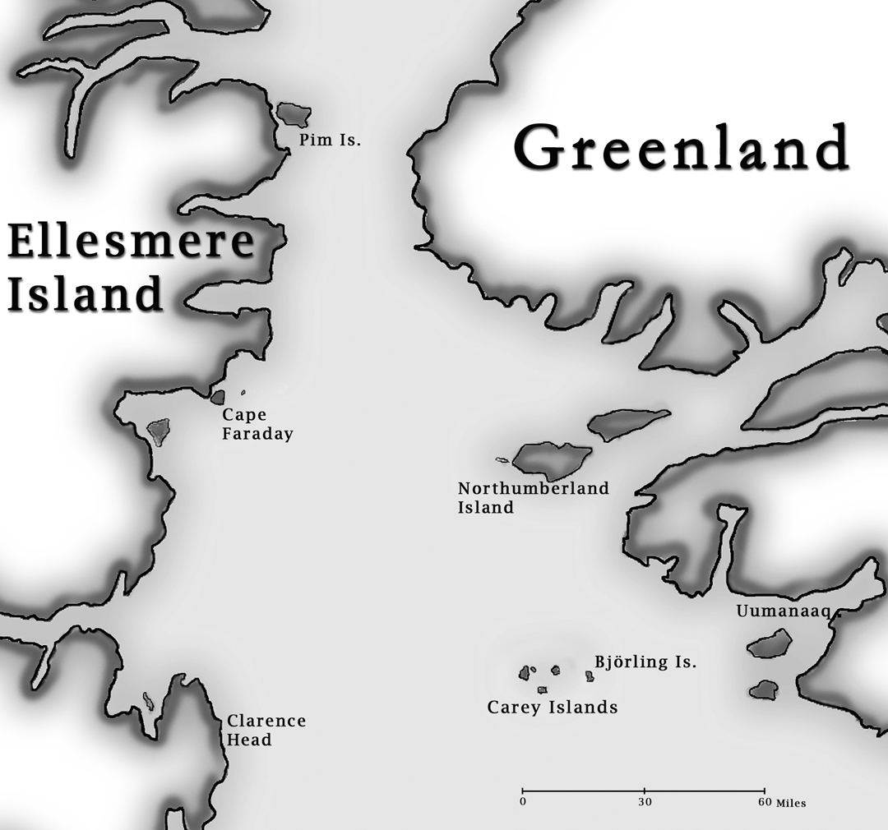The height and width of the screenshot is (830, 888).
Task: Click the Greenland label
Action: [x=681, y=148]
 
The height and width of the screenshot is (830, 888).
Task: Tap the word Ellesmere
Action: [x=130, y=242]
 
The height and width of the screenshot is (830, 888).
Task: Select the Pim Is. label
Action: [x=330, y=141]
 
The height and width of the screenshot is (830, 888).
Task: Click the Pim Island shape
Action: [x=293, y=113]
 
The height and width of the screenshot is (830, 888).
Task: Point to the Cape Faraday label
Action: [x=257, y=425]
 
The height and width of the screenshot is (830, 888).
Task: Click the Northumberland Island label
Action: [x=533, y=497]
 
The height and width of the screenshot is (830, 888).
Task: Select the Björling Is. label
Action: [x=645, y=662]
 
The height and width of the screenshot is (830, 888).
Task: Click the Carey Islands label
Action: [x=552, y=707]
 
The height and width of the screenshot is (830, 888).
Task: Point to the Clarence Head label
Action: [x=266, y=730]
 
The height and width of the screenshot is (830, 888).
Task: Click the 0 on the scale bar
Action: [x=523, y=801]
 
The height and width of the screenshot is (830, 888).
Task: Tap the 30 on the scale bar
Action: [x=644, y=801]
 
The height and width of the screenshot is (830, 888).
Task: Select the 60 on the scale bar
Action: [x=764, y=801]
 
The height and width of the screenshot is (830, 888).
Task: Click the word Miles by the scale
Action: [x=791, y=803]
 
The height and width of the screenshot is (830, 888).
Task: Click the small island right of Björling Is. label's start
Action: [x=590, y=676]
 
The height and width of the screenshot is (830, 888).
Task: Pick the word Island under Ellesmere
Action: [x=85, y=295]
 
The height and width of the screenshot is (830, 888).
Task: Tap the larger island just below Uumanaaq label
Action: [x=770, y=643]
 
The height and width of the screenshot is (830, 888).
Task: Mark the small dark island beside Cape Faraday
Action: [x=218, y=397]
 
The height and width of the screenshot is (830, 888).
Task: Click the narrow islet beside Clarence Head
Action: [x=149, y=701]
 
